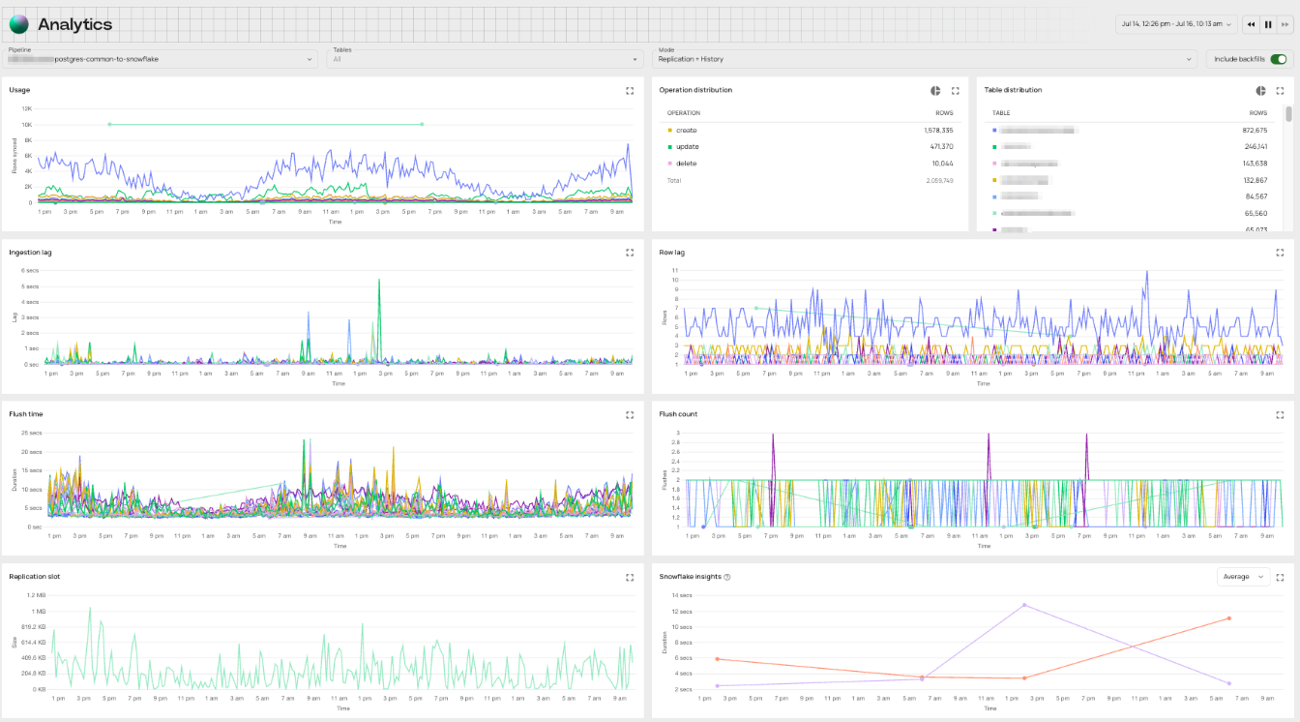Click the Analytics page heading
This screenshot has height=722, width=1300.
tap(74, 24)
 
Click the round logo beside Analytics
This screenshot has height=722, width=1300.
tap(19, 24)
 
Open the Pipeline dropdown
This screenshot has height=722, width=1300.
tap(162, 59)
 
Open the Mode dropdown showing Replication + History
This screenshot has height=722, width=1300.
tap(926, 59)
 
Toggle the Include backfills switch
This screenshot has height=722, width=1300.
tap(1279, 59)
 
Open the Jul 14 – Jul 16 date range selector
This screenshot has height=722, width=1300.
tap(1175, 24)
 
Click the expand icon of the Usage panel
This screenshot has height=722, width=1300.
tap(630, 90)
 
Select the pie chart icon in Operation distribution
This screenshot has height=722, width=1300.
tap(936, 90)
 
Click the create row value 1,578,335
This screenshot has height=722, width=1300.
tap(937, 130)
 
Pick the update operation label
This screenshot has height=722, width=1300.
tap(687, 146)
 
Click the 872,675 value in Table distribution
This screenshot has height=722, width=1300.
tap(1255, 130)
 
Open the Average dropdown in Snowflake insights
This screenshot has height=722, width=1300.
tap(1243, 577)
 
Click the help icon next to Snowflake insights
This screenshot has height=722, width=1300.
tap(727, 577)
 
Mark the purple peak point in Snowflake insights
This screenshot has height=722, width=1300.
tap(1023, 605)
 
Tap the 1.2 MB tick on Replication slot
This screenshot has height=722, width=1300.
tap(36, 595)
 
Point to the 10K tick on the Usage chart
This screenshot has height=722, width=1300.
tap(26, 125)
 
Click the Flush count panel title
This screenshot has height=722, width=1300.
tap(678, 414)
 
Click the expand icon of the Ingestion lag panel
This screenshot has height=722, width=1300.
tap(630, 253)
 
